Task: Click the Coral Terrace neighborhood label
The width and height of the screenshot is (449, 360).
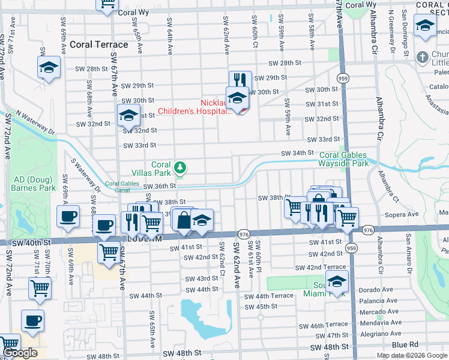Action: click(99, 44)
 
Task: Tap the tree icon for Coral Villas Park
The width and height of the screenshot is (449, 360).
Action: click(179, 166)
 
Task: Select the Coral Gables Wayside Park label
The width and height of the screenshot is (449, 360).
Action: click(343, 158)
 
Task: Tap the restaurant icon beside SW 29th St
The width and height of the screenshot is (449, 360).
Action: click(240, 79)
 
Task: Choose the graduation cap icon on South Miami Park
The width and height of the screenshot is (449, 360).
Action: click(337, 280)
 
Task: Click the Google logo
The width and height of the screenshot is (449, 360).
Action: click(20, 353)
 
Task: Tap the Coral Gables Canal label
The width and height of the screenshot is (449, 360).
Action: click(118, 187)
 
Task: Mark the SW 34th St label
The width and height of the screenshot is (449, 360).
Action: click(298, 154)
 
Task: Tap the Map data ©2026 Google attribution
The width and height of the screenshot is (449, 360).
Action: click(411, 355)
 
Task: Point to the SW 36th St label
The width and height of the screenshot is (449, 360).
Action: click(159, 187)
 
